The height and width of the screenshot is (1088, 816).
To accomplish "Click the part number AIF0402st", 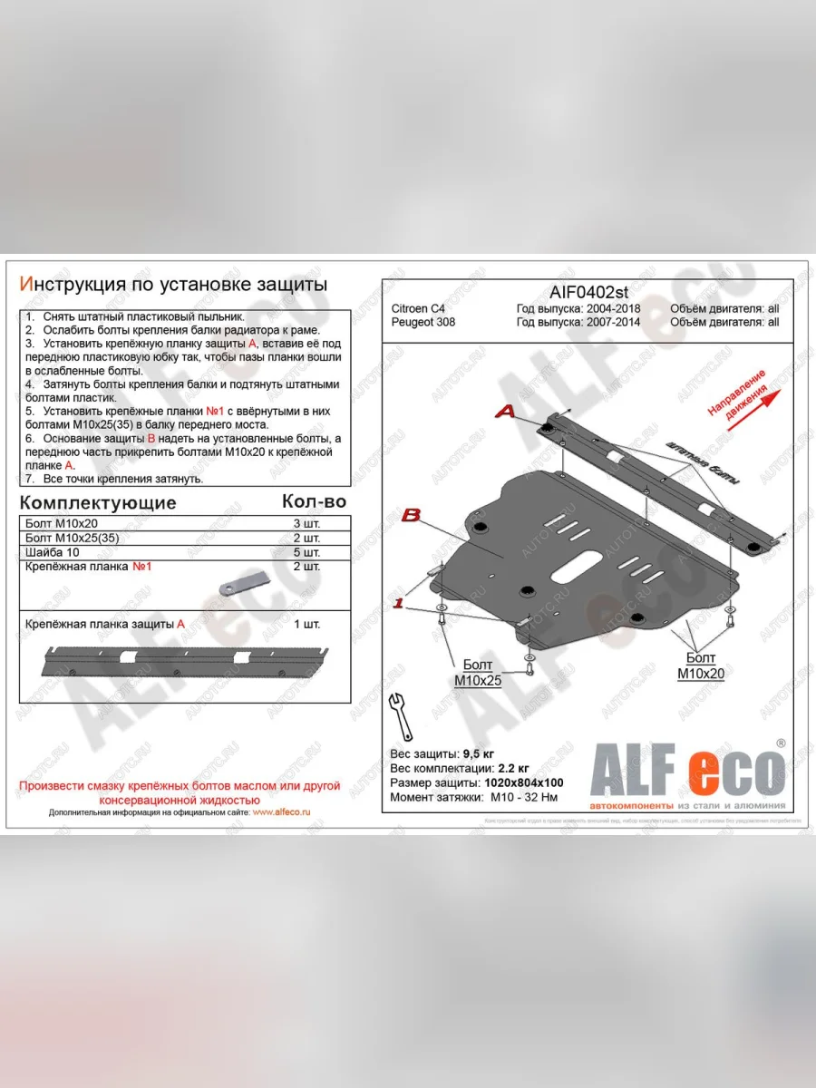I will click(x=588, y=291).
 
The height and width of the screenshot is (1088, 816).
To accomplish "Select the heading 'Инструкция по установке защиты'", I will click(x=173, y=284).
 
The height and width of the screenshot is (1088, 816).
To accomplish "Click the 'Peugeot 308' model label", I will click(x=423, y=322).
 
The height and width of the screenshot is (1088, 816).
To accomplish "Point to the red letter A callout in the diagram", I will click(x=505, y=412).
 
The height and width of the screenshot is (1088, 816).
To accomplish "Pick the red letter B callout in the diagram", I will click(x=411, y=517).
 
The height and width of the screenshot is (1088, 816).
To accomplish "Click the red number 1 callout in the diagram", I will click(x=397, y=604).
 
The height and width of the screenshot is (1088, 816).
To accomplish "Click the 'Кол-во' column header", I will click(x=314, y=501).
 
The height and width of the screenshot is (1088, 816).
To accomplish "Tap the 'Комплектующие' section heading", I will click(x=98, y=502).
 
